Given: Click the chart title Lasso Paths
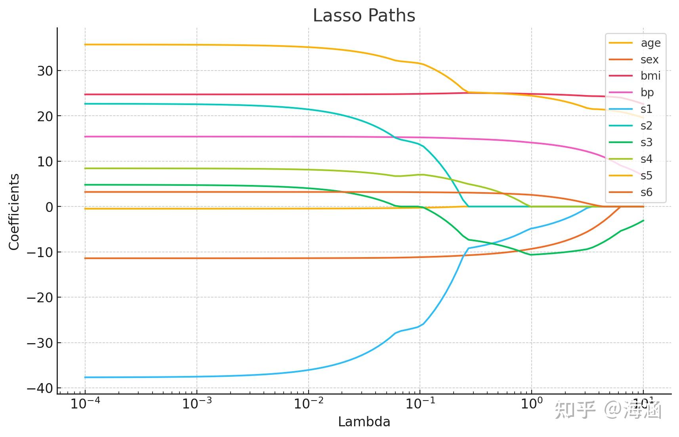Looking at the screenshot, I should click(364, 16).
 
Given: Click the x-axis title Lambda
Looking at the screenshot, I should click(364, 422).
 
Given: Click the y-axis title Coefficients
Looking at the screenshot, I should click(14, 212).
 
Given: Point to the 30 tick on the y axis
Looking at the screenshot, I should click(45, 71).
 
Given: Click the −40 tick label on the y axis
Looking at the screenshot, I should click(40, 389).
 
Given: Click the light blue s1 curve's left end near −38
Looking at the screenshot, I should click(86, 377).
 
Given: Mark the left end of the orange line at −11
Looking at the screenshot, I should click(86, 258).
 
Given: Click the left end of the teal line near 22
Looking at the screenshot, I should click(86, 104).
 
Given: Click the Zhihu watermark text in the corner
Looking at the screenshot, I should click(608, 410).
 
